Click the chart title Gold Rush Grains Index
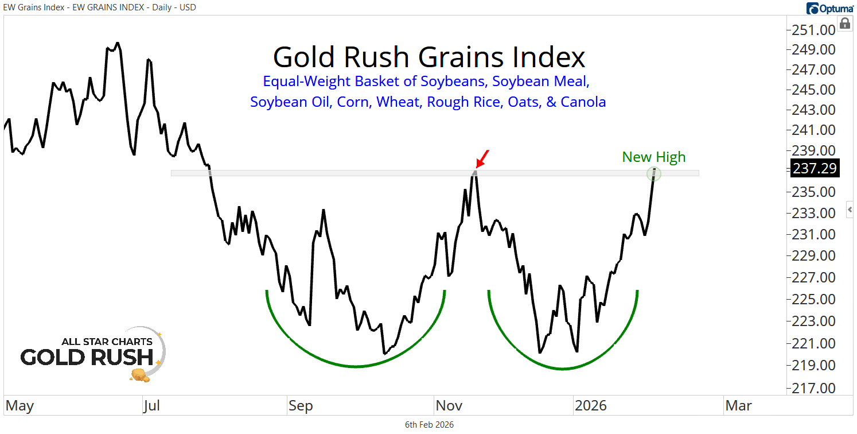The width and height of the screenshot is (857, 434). pyautogui.click(x=428, y=57)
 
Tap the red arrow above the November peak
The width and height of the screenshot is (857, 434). pyautogui.click(x=483, y=158)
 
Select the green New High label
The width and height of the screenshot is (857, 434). pyautogui.click(x=653, y=157)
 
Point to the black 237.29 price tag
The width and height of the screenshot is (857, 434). pyautogui.click(x=815, y=169)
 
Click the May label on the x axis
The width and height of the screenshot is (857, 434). pyautogui.click(x=19, y=406)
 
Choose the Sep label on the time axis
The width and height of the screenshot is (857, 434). pyautogui.click(x=300, y=406)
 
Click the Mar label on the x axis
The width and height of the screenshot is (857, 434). pyautogui.click(x=738, y=406)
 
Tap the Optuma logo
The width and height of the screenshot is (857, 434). pyautogui.click(x=829, y=9)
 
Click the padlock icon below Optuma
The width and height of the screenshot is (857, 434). pyautogui.click(x=844, y=24)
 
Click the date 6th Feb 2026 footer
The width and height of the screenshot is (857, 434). pyautogui.click(x=429, y=425)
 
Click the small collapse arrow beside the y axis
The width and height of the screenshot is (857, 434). pyautogui.click(x=850, y=210)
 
